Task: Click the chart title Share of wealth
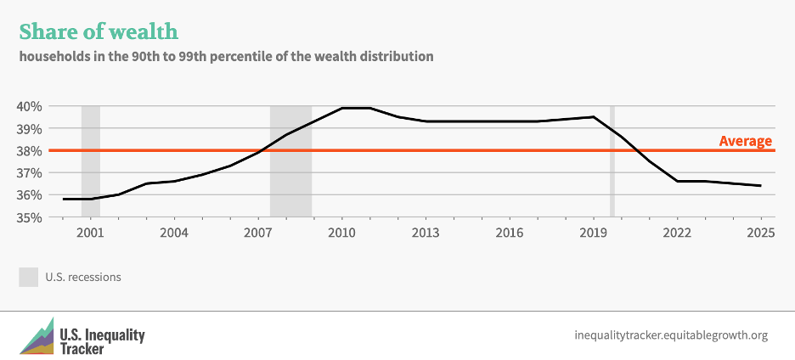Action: coord(99,31)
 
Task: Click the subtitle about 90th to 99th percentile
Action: coord(227,57)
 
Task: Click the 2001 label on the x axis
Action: coord(90,233)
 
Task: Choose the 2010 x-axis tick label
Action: coord(341,233)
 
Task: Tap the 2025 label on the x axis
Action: coord(760,233)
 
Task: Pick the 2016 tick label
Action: coord(509,233)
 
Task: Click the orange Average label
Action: coord(745,141)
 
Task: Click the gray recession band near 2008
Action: coord(290,161)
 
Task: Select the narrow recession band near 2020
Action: coord(612,161)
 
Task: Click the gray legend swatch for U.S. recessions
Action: coord(29,277)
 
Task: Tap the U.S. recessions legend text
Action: coord(83,277)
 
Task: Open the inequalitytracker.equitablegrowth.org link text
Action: coord(671,335)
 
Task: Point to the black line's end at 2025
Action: coord(760,185)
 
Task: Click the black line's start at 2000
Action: coord(63,199)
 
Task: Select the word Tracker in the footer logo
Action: coord(82,347)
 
